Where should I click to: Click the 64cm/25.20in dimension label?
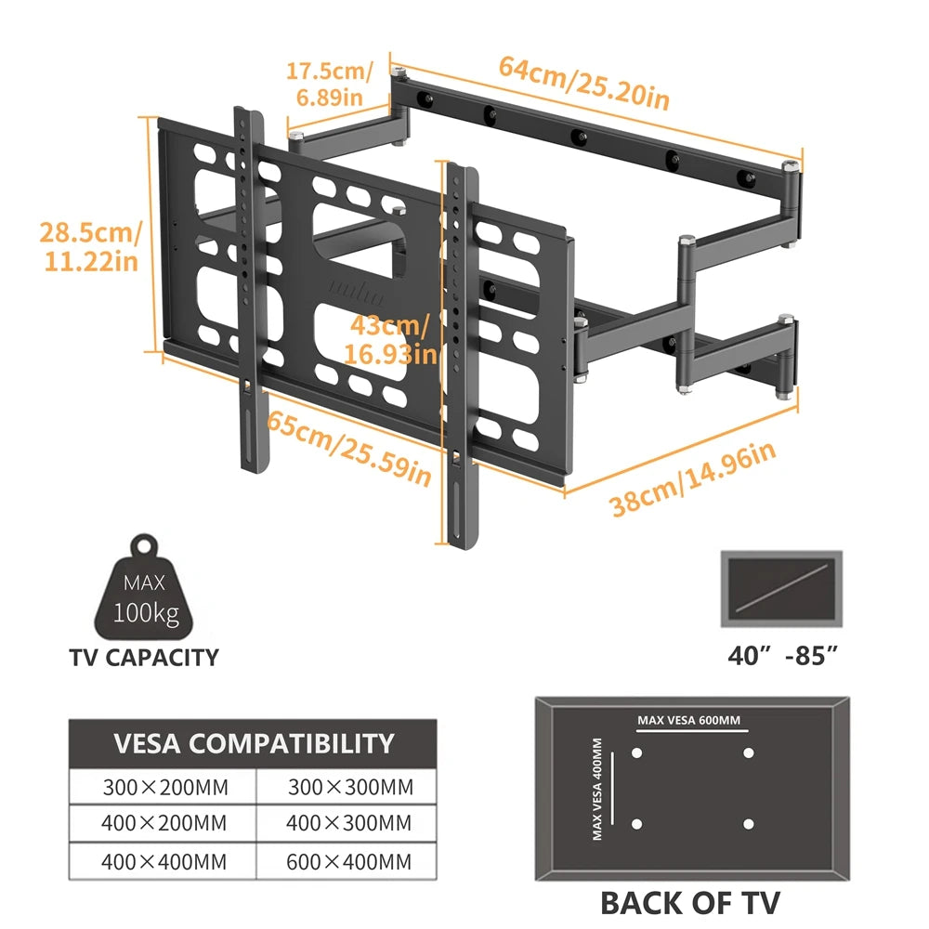pos(583,82)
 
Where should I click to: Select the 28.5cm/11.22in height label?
pos(89,245)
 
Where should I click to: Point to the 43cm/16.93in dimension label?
pos(387,339)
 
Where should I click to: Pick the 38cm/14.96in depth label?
pos(692,479)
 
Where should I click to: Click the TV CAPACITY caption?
pos(144,658)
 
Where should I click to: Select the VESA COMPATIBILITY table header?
pos(253,743)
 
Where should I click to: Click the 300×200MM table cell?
pos(164,788)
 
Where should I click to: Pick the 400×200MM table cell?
pos(164,823)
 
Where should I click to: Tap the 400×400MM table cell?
pos(164,861)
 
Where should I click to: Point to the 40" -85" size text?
pos(783,656)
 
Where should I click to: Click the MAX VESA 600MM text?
pos(689,720)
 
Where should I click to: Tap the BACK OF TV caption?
pos(689,901)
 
